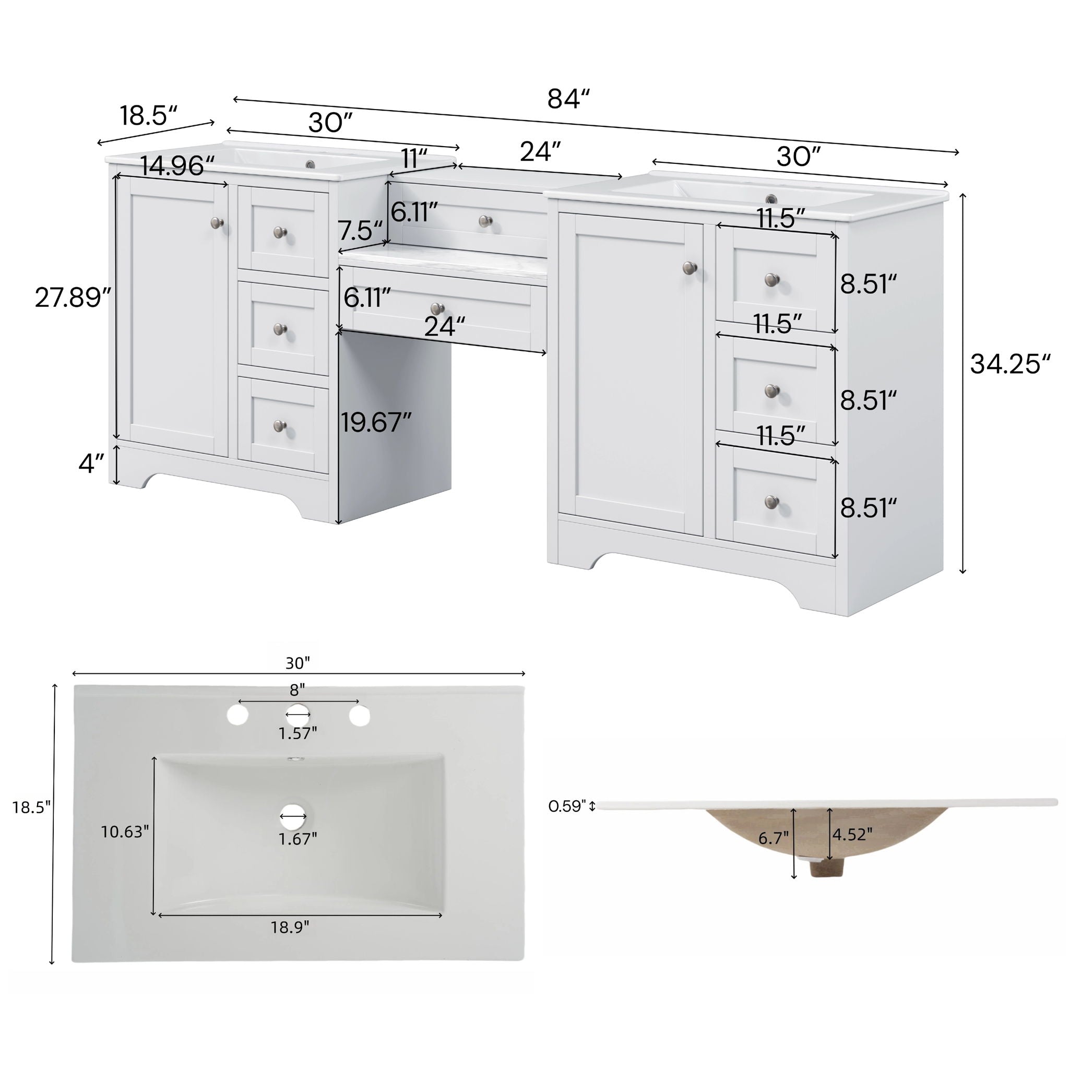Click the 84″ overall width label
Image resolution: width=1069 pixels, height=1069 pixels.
(569, 99)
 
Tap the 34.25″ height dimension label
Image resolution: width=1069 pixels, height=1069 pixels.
(1010, 364)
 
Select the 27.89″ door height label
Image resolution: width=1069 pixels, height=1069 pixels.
(73, 298)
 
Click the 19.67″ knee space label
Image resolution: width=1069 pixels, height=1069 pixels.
(376, 423)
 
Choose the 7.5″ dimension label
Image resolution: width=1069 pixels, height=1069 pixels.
(360, 231)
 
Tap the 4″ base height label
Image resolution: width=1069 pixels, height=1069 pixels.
(91, 463)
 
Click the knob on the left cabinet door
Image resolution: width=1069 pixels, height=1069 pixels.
(218, 223)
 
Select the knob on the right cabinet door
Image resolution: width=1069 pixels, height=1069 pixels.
(690, 268)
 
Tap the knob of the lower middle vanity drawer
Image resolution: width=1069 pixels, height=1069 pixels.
(437, 308)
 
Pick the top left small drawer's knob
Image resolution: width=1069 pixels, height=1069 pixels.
(280, 232)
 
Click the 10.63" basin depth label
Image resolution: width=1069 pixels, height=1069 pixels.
(125, 832)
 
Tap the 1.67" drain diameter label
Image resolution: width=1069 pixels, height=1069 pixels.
(298, 839)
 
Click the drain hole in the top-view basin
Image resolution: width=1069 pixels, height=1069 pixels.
(293, 816)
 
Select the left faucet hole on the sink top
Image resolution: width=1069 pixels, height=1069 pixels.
(237, 715)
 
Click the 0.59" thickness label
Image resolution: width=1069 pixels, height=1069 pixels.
(566, 806)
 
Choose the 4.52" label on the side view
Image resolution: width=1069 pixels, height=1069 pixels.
(853, 834)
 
